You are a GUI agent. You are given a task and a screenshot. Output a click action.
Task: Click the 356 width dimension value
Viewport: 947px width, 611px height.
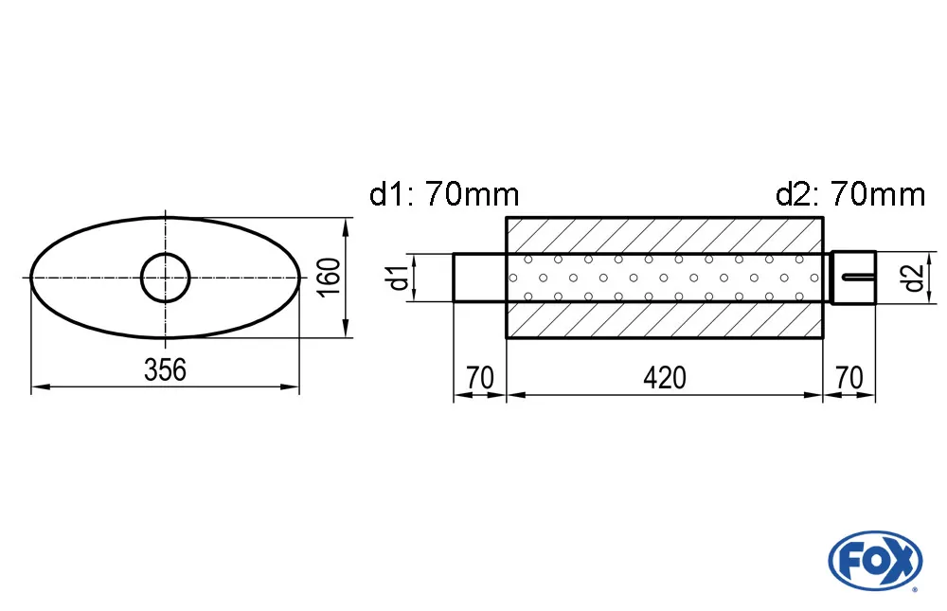point(166,370)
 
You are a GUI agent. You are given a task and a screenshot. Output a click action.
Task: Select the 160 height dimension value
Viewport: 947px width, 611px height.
point(330,278)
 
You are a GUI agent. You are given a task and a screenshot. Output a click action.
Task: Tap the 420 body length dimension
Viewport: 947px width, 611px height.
point(664,378)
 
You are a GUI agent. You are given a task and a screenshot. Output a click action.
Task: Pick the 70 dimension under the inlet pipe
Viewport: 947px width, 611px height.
point(480,378)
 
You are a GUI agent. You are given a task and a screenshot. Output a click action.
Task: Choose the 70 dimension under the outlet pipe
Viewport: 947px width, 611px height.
point(849,378)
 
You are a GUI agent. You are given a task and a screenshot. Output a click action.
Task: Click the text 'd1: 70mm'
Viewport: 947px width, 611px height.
point(444,195)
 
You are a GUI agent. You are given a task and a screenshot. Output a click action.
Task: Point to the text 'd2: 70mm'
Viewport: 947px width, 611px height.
point(849,195)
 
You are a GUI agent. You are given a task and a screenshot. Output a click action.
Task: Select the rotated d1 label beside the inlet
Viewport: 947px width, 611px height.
point(400,278)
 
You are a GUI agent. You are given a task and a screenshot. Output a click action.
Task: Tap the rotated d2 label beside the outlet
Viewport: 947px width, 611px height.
point(911,278)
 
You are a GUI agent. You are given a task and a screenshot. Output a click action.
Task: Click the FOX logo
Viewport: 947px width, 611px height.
point(874,560)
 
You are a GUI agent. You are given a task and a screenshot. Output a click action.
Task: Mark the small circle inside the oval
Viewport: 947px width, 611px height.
point(166,278)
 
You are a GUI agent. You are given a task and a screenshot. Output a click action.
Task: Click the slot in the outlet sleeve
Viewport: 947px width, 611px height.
point(857,277)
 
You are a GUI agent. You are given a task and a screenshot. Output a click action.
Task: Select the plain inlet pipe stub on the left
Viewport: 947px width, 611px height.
point(479,278)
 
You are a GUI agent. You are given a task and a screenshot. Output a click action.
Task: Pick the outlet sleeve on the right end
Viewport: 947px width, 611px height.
point(853,278)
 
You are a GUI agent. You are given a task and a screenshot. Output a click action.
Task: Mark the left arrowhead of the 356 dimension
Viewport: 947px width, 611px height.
point(38,386)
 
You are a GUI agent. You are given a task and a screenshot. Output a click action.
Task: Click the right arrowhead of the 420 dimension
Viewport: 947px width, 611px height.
point(815,395)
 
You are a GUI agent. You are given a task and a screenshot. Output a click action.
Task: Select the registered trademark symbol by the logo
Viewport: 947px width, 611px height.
point(914,589)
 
